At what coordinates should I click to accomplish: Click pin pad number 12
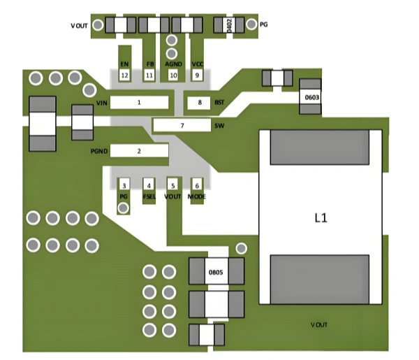click(x=124, y=75)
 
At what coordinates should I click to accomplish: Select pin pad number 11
click(x=149, y=75)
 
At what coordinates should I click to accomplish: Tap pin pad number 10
click(x=173, y=75)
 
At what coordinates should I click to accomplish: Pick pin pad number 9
click(x=198, y=75)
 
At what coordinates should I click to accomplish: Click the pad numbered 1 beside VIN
click(x=140, y=103)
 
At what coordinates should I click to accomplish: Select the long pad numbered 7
click(x=182, y=126)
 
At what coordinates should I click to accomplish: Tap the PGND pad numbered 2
click(x=139, y=150)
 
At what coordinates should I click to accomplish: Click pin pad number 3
click(x=124, y=185)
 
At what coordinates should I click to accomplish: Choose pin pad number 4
click(x=148, y=185)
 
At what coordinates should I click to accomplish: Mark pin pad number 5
click(x=172, y=185)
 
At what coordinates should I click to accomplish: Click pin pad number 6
click(x=198, y=185)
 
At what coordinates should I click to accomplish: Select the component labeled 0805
click(x=216, y=272)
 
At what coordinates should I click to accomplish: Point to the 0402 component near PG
click(x=229, y=25)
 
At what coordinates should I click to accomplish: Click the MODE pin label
click(x=198, y=197)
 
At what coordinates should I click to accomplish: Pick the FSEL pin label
click(x=148, y=197)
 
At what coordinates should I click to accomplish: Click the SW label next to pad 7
click(x=219, y=126)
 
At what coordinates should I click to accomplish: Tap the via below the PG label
click(x=124, y=208)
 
